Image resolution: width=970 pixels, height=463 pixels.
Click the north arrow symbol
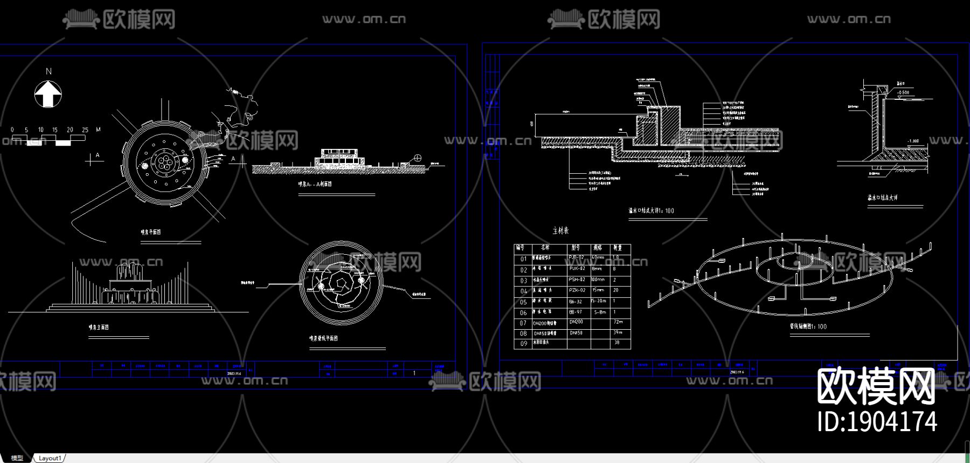pyautogui.click(x=48, y=94)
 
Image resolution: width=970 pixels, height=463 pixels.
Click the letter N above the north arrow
pyautogui.click(x=48, y=71)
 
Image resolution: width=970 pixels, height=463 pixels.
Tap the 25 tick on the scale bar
pyautogui.click(x=85, y=130)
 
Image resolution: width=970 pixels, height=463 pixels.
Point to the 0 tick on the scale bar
pyautogui.click(x=12, y=130)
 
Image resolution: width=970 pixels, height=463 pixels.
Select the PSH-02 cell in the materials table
pyautogui.click(x=577, y=280)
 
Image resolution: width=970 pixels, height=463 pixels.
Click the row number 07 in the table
pyautogui.click(x=523, y=323)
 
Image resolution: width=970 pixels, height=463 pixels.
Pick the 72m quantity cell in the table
pyautogui.click(x=618, y=322)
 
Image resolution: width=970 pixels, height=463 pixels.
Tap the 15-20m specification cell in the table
pyautogui.click(x=599, y=301)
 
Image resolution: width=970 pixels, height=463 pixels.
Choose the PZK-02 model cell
pyautogui.click(x=577, y=290)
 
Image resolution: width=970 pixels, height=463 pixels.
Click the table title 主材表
pyautogui.click(x=560, y=230)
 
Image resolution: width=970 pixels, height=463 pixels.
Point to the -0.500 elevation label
pyautogui.click(x=903, y=93)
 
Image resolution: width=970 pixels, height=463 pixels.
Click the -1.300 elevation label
pyautogui.click(x=913, y=141)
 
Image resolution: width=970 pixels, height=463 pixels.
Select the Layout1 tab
pyautogui.click(x=50, y=458)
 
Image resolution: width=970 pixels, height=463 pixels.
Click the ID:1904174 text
pyautogui.click(x=877, y=421)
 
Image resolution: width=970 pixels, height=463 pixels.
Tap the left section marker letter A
pyautogui.click(x=98, y=155)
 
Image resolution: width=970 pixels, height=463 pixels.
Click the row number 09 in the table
pyautogui.click(x=523, y=344)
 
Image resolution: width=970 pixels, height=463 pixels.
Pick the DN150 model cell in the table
pyautogui.click(x=576, y=333)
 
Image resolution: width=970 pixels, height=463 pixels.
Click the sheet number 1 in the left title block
pyautogui.click(x=414, y=373)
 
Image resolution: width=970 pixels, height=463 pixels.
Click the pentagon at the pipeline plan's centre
pyautogui.click(x=340, y=282)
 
